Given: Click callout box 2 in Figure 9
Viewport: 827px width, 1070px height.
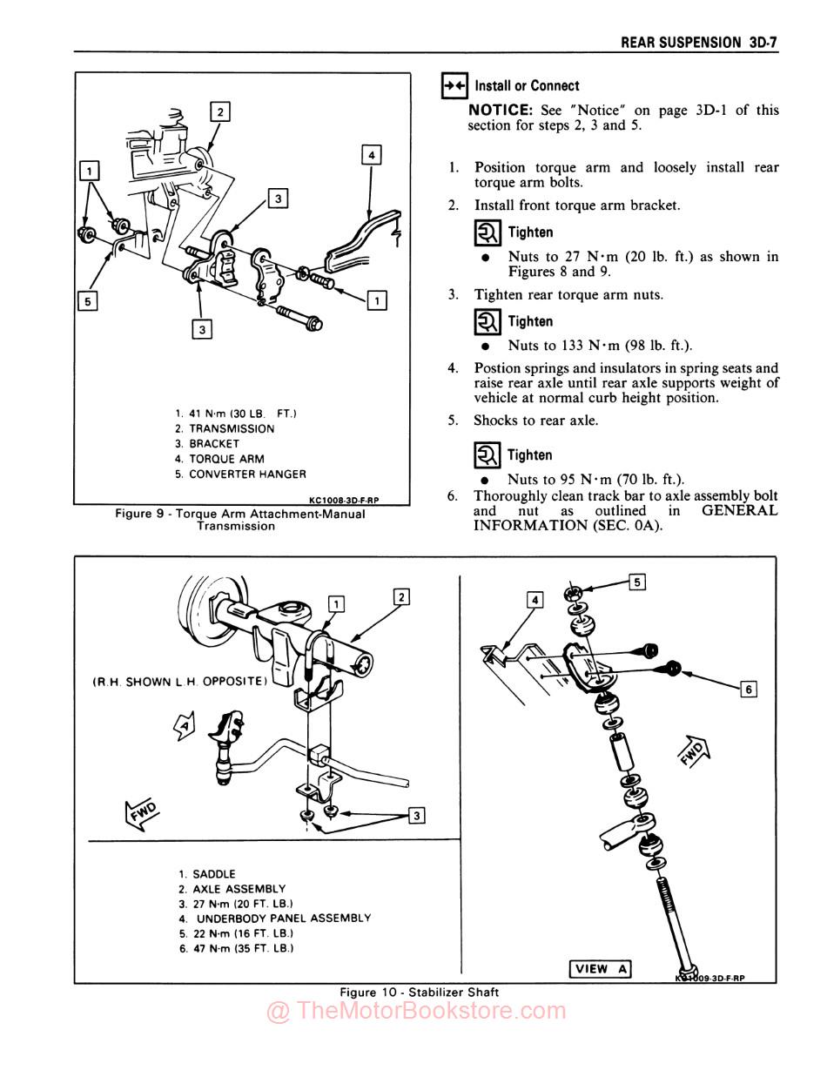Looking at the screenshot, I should point(221,111).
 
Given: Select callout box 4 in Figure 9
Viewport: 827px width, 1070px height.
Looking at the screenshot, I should point(372,156).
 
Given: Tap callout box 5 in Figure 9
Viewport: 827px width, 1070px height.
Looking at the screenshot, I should point(87,301).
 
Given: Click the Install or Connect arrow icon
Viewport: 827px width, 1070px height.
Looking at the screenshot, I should point(454,85).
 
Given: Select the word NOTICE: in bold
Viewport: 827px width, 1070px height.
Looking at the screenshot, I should point(500,111).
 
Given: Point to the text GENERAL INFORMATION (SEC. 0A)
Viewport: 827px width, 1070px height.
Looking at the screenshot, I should point(627,518).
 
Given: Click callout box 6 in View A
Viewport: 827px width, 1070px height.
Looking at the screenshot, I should point(748,690).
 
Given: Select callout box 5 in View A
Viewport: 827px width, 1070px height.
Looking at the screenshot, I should point(637,582).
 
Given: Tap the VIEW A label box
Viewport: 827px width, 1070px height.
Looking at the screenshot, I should point(600,969).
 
